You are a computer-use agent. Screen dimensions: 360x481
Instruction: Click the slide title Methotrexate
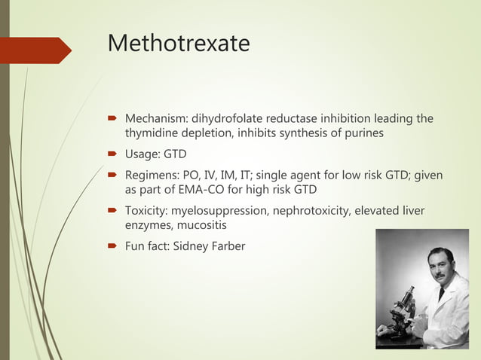point(179,44)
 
